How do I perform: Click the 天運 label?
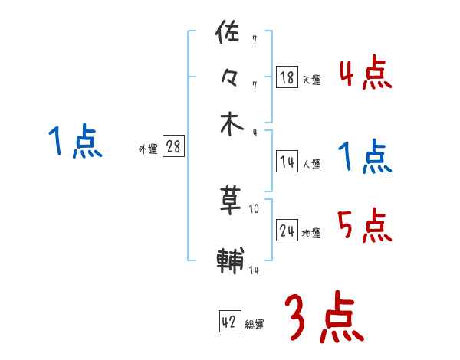[x=311, y=80]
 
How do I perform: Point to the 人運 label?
[x=311, y=164]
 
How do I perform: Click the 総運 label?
[x=255, y=325]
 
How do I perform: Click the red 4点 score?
[x=364, y=74]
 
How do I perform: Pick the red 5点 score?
[x=364, y=227]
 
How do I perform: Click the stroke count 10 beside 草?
[x=255, y=208]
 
